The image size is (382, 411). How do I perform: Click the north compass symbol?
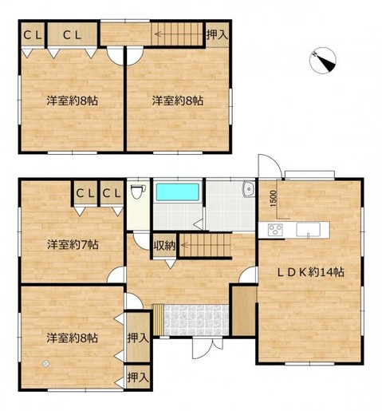pos(323,61)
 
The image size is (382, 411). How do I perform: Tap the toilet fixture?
pos(138,192)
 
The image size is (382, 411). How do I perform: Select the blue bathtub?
pos(177,192)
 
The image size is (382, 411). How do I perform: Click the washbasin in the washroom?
pos(249,189)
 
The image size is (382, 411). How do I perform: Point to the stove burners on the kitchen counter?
pos(275,230)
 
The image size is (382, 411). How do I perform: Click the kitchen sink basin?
pos(308,230)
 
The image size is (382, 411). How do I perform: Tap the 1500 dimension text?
pos(274,199)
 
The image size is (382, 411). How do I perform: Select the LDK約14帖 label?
pos(310,272)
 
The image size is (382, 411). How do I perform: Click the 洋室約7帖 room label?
pos(73,244)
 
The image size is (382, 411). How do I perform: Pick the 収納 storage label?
pos(164,246)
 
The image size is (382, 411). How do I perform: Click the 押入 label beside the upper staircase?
pos(217,35)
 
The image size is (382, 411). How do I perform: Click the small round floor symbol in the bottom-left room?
pos(46,363)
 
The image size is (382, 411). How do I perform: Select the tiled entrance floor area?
pos(196,320)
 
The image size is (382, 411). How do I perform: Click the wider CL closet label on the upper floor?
pos(72,35)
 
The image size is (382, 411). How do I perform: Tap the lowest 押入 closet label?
pos(137,377)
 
